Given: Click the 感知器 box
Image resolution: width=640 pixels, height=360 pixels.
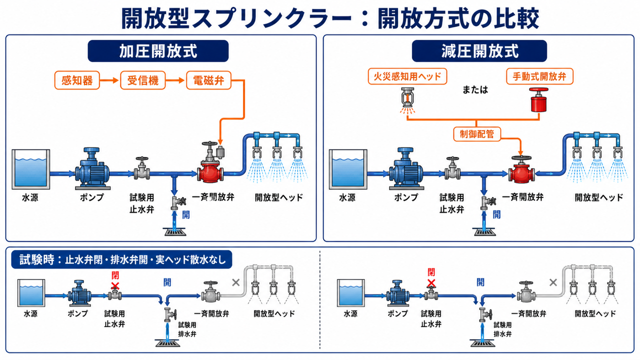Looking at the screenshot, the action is tap(77, 80).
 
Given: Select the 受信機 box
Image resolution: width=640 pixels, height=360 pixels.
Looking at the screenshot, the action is tap(143, 80).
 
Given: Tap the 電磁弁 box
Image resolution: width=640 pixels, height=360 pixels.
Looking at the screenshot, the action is tap(208, 80).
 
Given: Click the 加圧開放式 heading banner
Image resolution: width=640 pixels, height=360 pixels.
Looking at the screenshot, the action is tap(158, 51).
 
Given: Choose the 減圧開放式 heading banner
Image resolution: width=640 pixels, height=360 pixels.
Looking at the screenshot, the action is tap(479, 51).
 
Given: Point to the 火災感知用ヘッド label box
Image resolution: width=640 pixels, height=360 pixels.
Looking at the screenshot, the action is tap(407, 76).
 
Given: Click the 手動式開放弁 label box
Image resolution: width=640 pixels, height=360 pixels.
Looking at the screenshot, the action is tap(539, 76).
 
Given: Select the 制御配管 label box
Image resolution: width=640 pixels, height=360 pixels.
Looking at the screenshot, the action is tap(477, 134).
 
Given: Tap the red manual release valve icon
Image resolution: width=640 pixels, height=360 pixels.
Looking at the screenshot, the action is tap(539, 100).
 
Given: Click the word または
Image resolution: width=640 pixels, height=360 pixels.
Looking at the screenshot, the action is tap(475, 90).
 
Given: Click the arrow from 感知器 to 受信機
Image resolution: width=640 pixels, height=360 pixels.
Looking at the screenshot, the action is tap(109, 80).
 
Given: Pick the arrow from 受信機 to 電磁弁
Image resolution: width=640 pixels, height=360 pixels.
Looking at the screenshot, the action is tap(175, 80).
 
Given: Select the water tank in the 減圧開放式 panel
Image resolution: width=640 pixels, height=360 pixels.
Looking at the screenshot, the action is tap(348, 169).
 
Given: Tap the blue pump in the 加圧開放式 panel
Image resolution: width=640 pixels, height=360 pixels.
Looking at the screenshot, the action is tap(92, 168).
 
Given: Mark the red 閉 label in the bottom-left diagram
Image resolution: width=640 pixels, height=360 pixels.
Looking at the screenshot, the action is tap(115, 275).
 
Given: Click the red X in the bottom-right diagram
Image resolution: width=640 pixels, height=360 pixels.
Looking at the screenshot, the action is tap(431, 283).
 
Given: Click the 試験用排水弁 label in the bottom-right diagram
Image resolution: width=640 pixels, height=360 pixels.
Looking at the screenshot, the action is tap(502, 329).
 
